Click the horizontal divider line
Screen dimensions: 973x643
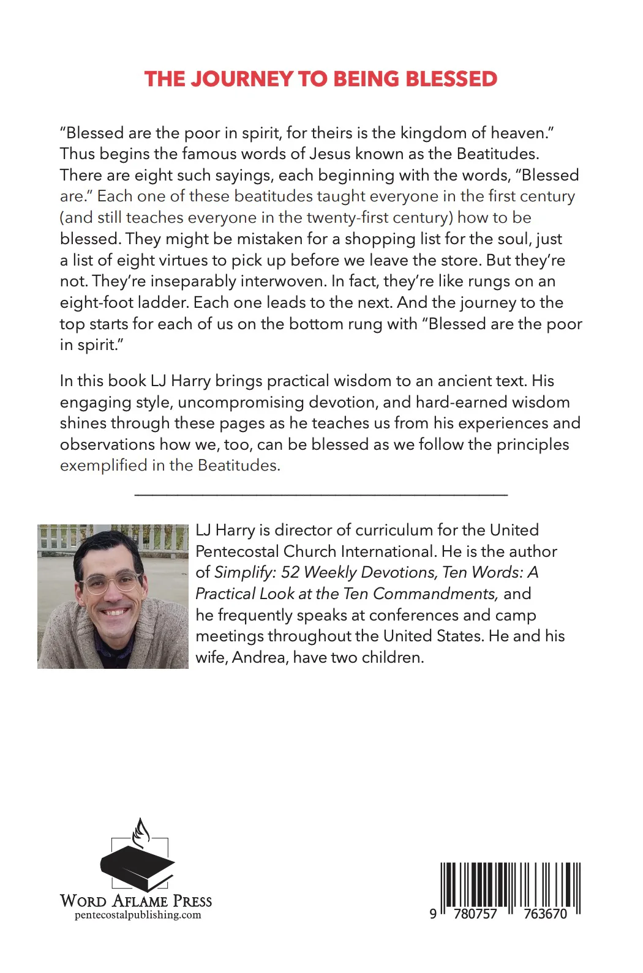(321, 493)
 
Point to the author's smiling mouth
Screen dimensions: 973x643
(115, 611)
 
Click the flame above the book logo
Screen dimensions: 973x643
(141, 832)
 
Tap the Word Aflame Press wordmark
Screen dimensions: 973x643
(136, 901)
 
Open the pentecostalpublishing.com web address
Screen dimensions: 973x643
(138, 915)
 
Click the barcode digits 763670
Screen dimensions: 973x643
(545, 914)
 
